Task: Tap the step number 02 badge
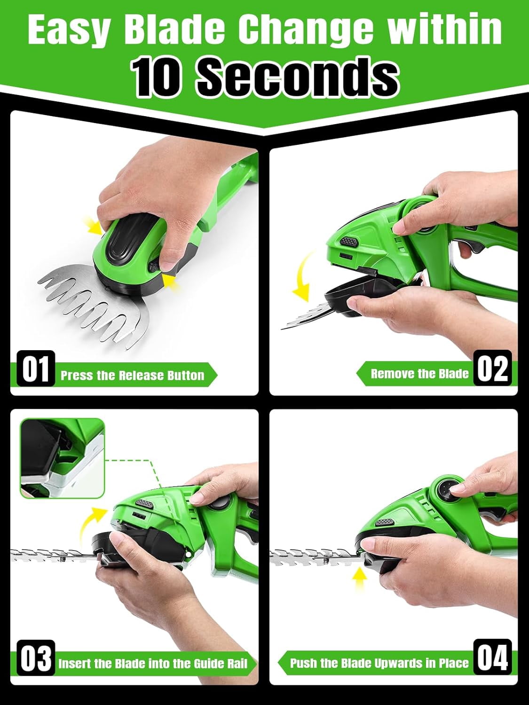point(493,368)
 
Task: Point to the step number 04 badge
point(493,658)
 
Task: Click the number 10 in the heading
point(157,78)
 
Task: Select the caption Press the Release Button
point(132,375)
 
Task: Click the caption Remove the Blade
point(419,374)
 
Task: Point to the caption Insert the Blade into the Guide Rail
point(153,664)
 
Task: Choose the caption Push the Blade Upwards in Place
point(379,663)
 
